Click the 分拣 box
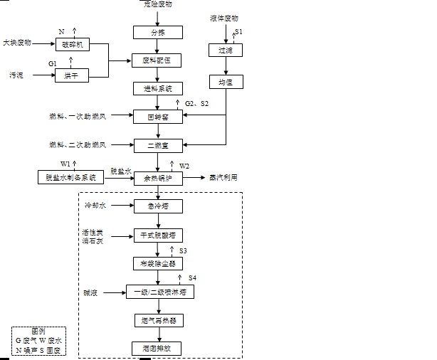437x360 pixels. point(157,32)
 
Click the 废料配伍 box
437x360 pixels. point(157,60)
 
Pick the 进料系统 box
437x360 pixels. point(157,89)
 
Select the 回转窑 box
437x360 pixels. point(157,115)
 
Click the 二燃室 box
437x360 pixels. point(157,145)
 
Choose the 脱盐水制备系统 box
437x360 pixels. point(66,177)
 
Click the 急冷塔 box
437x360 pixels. point(157,206)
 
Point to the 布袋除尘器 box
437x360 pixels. point(157,263)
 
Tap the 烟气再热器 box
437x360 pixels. point(157,321)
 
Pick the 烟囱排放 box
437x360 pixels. point(157,349)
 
